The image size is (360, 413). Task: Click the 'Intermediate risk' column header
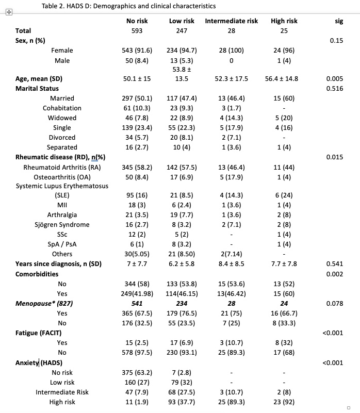click(231, 21)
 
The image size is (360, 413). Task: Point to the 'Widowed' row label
click(62, 118)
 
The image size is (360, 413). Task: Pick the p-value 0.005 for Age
click(335, 79)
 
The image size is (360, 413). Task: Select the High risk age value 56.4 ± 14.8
click(284, 79)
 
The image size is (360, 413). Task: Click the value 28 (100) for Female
click(231, 51)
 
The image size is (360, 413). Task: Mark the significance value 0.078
click(335, 303)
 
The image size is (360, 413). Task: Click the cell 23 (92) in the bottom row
click(284, 402)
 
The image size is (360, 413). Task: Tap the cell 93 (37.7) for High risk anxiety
click(182, 402)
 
